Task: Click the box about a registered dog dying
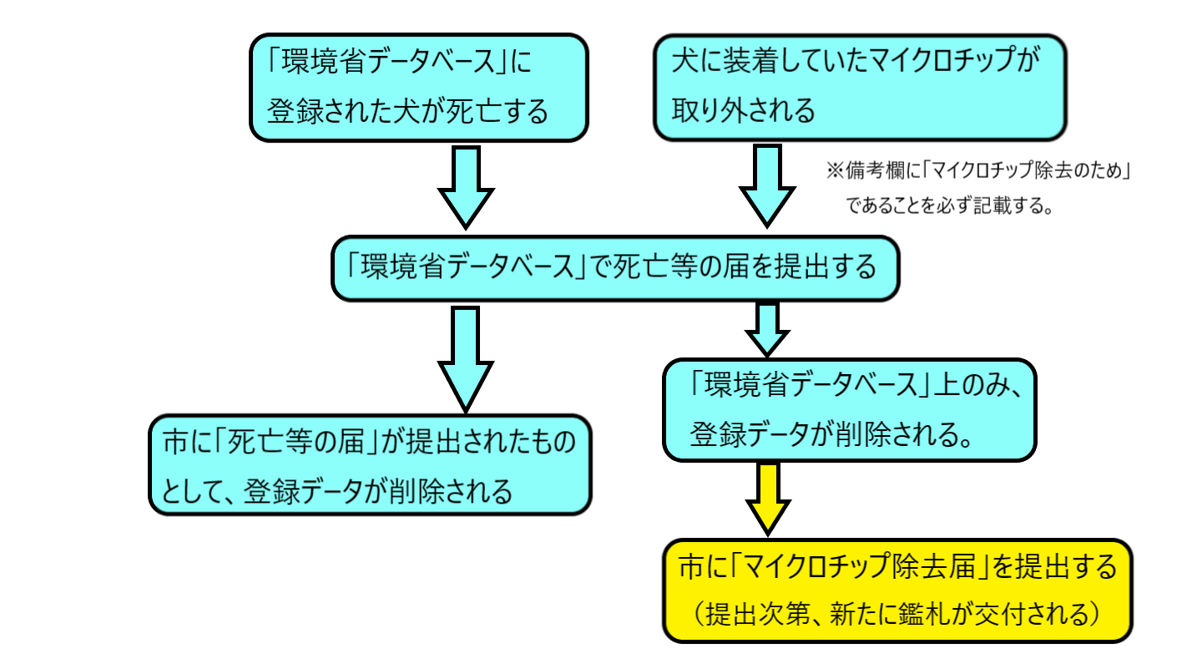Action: pyautogui.click(x=419, y=87)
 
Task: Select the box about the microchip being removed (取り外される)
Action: pyautogui.click(x=859, y=87)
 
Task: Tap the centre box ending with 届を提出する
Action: pyautogui.click(x=614, y=267)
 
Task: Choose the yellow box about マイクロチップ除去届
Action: pyautogui.click(x=897, y=591)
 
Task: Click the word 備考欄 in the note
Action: pyautogui.click(x=874, y=170)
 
